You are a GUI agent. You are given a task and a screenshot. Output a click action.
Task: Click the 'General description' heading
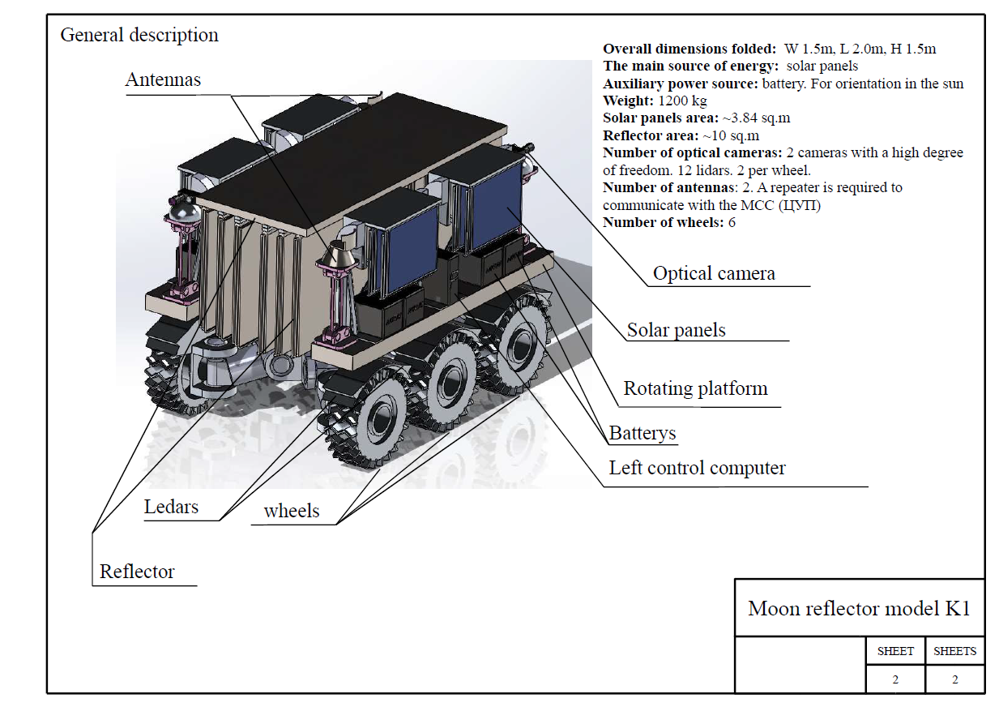[x=139, y=36]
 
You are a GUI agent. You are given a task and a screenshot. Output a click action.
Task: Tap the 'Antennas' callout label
[x=163, y=79]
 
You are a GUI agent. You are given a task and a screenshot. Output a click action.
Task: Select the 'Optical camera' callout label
[x=714, y=274]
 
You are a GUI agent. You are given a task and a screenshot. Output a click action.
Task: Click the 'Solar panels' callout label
[x=677, y=330]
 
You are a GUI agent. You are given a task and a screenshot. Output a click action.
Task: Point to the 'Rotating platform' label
[x=695, y=389]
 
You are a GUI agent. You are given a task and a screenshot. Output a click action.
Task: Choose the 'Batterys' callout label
[x=643, y=433]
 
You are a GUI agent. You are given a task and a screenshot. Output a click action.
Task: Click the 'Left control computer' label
[x=697, y=468]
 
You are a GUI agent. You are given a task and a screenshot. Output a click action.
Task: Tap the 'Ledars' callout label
[x=171, y=508]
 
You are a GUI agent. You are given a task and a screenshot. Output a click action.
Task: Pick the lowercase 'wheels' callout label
[x=292, y=511]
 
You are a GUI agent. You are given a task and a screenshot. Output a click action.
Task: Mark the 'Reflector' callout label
[x=137, y=572]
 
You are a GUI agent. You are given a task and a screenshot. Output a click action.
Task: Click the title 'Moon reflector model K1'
[x=859, y=609]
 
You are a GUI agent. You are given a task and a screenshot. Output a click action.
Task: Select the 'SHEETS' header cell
[x=954, y=651]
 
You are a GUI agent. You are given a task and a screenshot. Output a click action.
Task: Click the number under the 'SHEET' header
[x=895, y=680]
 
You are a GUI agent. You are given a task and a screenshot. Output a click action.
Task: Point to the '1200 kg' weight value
[x=681, y=101]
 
